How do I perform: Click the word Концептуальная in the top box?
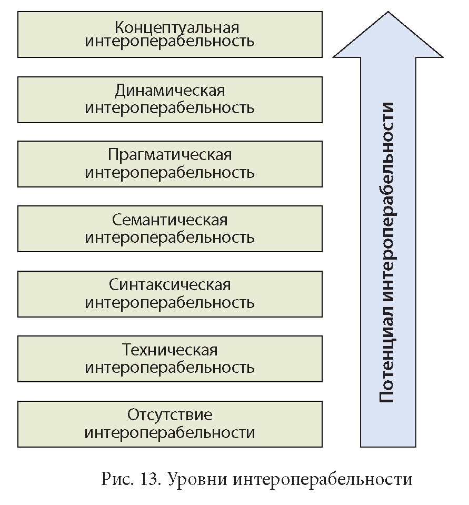click(169, 26)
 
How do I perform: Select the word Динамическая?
click(169, 91)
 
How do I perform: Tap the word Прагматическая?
click(169, 156)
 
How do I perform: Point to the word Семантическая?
click(169, 220)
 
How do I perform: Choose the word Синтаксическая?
click(169, 285)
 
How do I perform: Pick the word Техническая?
click(169, 350)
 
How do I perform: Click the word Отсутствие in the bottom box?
click(169, 415)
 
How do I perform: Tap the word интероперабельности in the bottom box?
click(169, 433)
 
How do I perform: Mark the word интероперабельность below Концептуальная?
click(169, 42)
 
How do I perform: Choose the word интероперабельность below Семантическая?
click(169, 237)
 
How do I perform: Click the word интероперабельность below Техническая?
click(169, 368)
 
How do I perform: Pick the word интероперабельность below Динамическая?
click(169, 108)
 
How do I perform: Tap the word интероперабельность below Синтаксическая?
click(169, 303)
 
